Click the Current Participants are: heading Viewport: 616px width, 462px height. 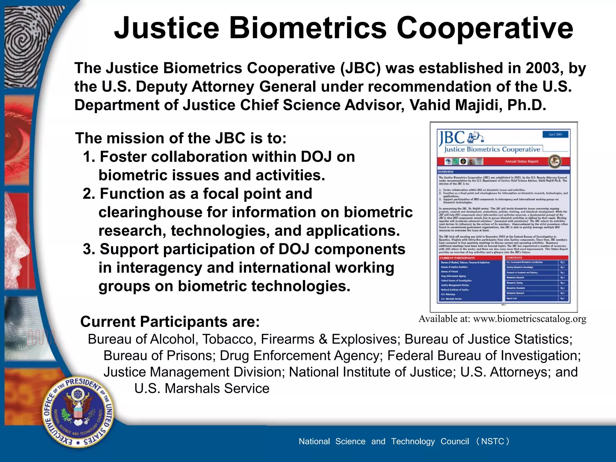point(170,322)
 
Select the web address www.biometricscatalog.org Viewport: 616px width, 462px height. point(530,319)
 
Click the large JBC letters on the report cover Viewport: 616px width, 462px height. point(451,138)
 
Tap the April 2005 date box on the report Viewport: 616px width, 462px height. point(555,134)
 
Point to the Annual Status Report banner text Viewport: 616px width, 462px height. point(522,162)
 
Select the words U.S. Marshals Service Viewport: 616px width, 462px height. point(202,389)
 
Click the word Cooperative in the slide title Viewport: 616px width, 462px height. point(485,28)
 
